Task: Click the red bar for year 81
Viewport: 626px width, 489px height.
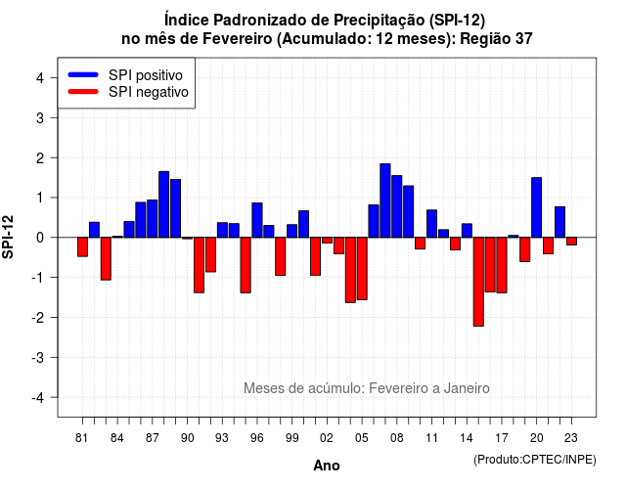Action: (x=82, y=246)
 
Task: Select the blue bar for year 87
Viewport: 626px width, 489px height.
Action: (x=153, y=218)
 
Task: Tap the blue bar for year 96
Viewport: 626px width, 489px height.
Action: (x=257, y=220)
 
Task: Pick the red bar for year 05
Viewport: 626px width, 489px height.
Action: (x=362, y=268)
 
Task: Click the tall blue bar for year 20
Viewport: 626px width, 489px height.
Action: (x=537, y=207)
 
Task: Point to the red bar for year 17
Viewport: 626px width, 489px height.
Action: (x=502, y=265)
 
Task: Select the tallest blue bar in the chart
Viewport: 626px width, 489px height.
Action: (x=385, y=200)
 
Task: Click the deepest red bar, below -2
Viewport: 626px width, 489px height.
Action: (x=478, y=282)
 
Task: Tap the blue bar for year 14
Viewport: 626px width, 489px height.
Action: (x=467, y=231)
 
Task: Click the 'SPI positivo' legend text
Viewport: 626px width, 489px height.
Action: (x=146, y=75)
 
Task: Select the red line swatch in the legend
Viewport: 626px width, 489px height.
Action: (x=83, y=92)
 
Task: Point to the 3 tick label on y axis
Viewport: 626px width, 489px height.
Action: (x=40, y=117)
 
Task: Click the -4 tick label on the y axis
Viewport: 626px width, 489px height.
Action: (x=38, y=398)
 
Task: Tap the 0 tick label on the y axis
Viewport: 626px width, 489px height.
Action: (x=40, y=238)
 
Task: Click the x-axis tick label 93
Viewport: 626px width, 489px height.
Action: (x=222, y=438)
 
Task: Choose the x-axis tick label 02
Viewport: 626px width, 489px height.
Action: (x=327, y=438)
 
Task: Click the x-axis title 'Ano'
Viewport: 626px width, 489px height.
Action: (x=327, y=466)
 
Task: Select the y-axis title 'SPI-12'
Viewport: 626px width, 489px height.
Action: (x=8, y=237)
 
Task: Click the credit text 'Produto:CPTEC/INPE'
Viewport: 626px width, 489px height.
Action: (x=535, y=460)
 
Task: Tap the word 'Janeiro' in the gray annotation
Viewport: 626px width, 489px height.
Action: (x=467, y=388)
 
